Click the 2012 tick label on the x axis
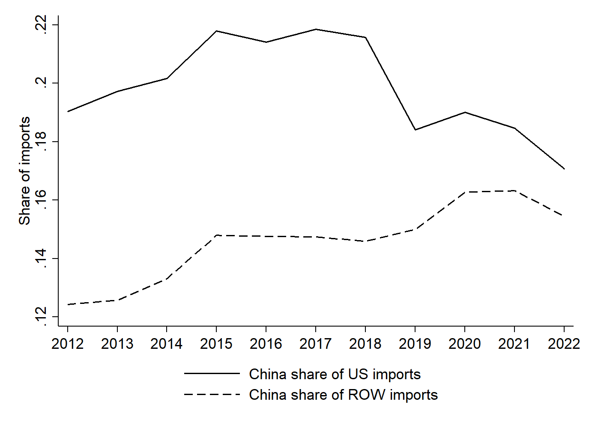pos(67,343)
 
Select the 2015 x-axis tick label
pos(216,343)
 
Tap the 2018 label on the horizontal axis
pos(365,343)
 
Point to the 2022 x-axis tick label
pos(564,343)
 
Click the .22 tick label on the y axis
pos(41,24)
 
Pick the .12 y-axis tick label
pos(41,317)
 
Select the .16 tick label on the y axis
pos(41,200)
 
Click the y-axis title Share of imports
pos(24,171)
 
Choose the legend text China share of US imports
pos(335,374)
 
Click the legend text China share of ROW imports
pos(343,395)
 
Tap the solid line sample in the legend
pos(212,374)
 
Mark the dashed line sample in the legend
pos(212,394)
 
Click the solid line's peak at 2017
pos(316,29)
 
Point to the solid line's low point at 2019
pos(415,130)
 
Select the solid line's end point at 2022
pos(564,169)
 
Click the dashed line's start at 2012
pos(68,305)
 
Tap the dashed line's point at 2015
pos(216,235)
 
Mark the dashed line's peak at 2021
pos(514,190)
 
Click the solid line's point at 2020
pos(465,112)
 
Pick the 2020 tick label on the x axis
pos(464,343)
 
